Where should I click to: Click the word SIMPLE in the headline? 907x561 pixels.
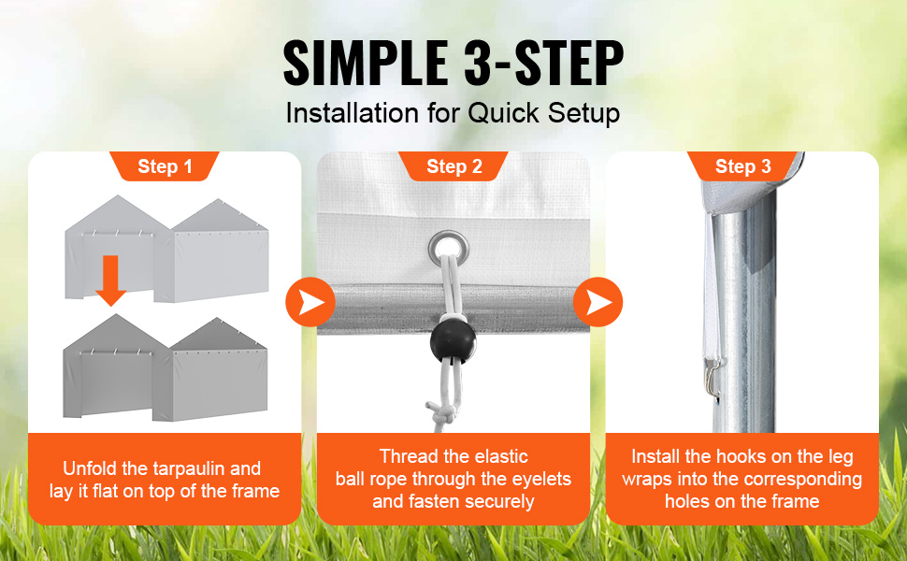click(366, 63)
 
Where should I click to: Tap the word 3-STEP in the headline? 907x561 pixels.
click(544, 63)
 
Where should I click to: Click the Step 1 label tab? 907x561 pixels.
click(165, 166)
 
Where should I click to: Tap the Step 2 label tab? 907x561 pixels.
click(453, 166)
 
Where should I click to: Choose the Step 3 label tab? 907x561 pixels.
click(742, 166)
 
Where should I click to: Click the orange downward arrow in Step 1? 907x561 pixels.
click(110, 280)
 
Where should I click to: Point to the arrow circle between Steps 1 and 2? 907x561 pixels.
click(310, 302)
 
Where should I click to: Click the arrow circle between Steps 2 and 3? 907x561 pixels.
click(598, 302)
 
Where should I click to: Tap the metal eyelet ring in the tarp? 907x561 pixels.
click(448, 248)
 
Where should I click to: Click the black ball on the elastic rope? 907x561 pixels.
click(453, 342)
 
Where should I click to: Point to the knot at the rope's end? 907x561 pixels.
click(440, 413)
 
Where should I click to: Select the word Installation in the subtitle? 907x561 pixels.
click(353, 113)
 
